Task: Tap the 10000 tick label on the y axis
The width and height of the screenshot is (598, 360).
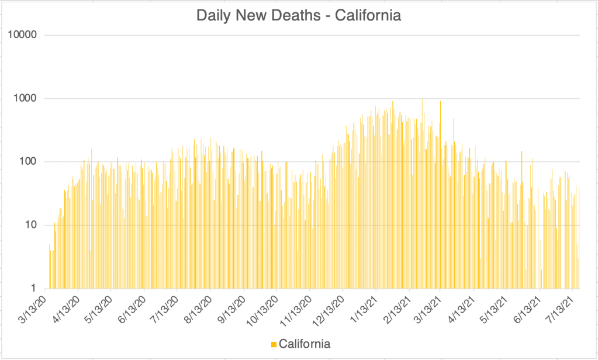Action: [23, 35]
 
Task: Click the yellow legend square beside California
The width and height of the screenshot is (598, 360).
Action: [274, 344]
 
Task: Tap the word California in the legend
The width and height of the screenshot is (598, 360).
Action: [305, 344]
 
